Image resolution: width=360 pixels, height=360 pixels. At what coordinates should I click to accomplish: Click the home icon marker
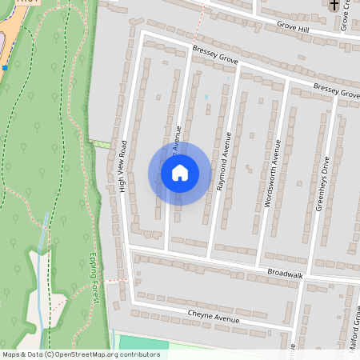[179, 173]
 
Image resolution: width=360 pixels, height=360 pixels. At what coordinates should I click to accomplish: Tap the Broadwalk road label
[286, 274]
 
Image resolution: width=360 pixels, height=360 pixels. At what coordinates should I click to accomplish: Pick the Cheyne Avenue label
[214, 316]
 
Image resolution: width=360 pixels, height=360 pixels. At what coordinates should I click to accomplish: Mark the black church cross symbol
[334, 5]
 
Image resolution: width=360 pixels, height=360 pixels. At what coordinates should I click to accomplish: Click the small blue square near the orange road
[5, 68]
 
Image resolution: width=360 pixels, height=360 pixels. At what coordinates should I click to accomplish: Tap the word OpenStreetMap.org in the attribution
[89, 354]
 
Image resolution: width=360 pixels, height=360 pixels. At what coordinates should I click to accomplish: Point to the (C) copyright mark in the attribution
[49, 354]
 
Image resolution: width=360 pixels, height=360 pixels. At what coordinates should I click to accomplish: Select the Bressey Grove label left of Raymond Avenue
[215, 55]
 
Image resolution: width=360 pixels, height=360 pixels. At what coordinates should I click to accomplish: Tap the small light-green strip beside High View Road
[101, 144]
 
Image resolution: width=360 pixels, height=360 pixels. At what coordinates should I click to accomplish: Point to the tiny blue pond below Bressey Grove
[206, 97]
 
